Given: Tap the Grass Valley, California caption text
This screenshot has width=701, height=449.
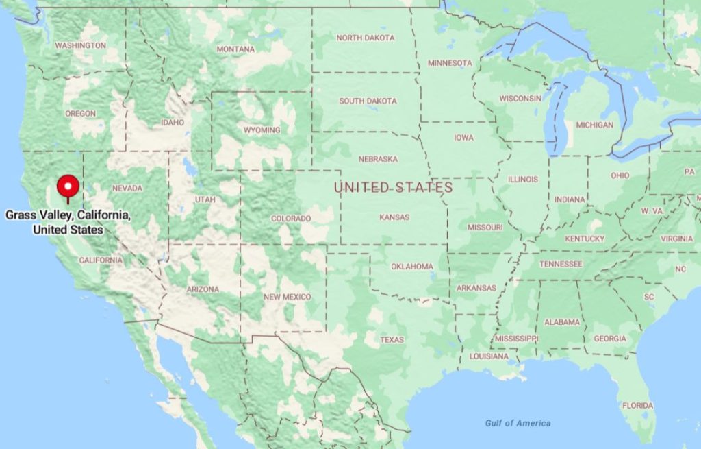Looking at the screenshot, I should pos(68,223).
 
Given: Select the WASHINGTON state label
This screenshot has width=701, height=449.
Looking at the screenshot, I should pos(80,45).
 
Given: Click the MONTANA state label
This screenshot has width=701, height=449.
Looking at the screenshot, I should pos(235,49).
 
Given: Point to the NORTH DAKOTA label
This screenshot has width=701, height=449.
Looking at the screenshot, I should pos(365,38).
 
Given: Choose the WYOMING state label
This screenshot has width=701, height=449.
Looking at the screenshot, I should pos(262,130).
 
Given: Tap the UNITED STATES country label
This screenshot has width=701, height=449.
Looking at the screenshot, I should pos(393,187).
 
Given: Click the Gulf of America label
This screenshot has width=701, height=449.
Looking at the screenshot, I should pos(518,423).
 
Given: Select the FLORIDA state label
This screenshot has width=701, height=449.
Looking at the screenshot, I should pos(637,406).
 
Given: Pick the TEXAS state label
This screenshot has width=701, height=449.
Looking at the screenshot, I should pos(392,340).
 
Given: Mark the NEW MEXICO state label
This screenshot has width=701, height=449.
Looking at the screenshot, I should pos(287,297).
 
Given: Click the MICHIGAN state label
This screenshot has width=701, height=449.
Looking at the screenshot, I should pos(594,125).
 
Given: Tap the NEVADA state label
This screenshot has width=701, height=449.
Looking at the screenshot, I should pos(127,189).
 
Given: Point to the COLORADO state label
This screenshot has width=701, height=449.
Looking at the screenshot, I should pos(291,219).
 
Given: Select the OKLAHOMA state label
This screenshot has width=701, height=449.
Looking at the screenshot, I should pos(412,267).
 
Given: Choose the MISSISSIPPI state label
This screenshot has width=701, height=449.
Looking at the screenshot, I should pos(516,339).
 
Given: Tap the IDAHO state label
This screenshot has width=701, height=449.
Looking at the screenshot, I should pos(173,123).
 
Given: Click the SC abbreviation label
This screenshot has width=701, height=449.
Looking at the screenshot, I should pos(649,297).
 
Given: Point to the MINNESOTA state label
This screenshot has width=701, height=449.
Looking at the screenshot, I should pos(450,63).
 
